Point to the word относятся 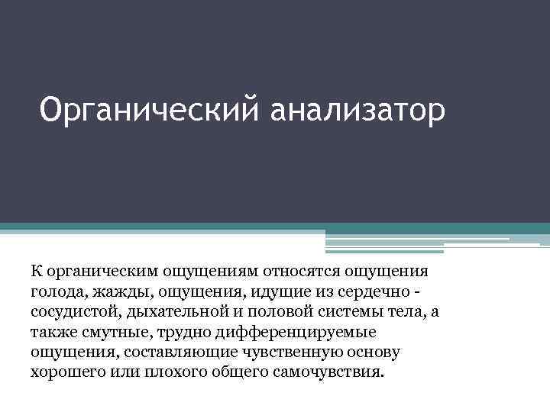[x=302, y=270]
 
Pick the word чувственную [x=311, y=353]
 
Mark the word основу [x=379, y=353]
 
